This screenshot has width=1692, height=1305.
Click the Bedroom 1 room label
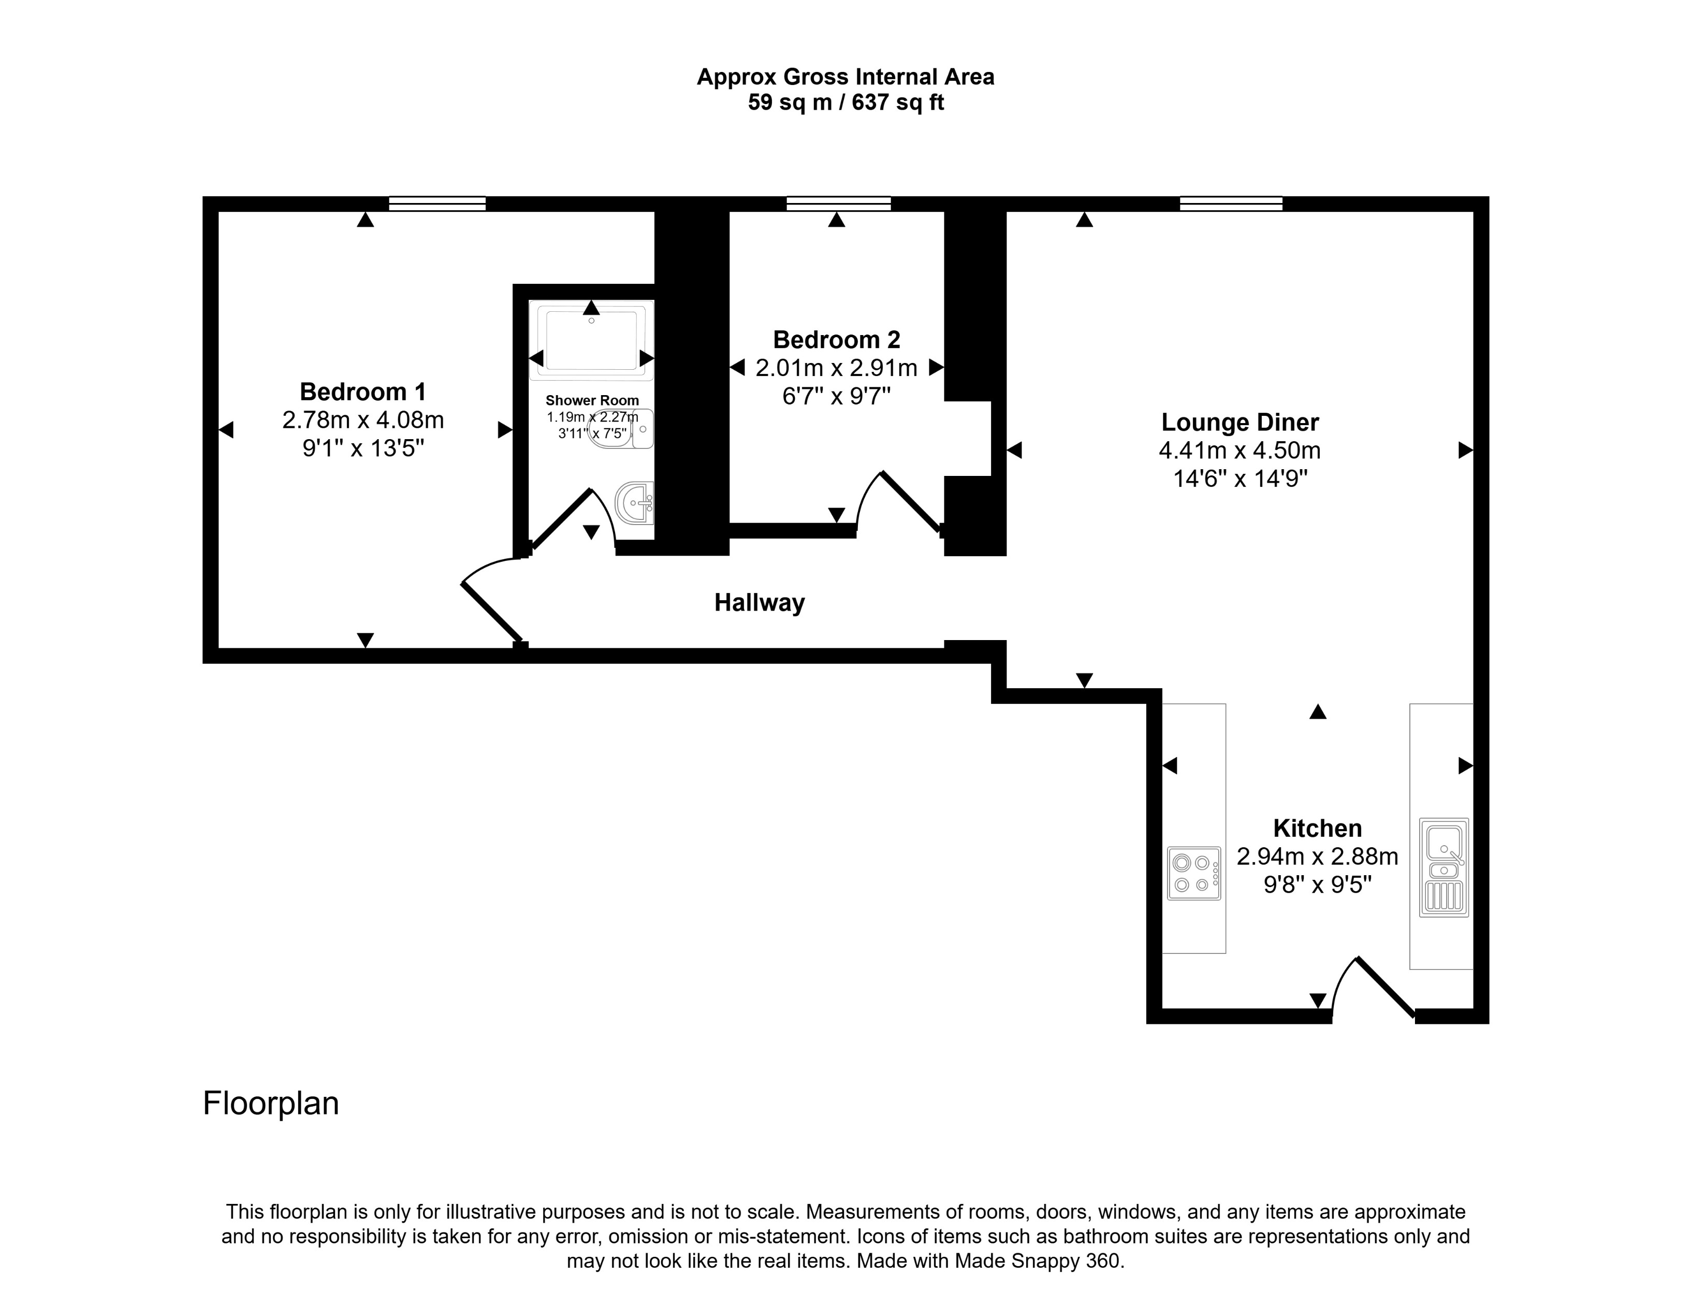362,392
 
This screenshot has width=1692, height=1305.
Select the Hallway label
759,602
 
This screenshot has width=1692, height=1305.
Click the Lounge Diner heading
1239,423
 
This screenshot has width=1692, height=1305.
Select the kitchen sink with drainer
1443,867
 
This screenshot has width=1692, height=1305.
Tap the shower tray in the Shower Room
591,339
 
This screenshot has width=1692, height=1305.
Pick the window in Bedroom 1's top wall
437,204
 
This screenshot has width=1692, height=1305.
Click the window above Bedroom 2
838,204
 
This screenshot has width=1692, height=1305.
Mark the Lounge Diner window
1231,204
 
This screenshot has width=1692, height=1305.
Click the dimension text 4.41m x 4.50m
1239,450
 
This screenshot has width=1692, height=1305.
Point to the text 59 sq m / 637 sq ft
845,103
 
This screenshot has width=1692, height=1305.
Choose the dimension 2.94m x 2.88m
1317,857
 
